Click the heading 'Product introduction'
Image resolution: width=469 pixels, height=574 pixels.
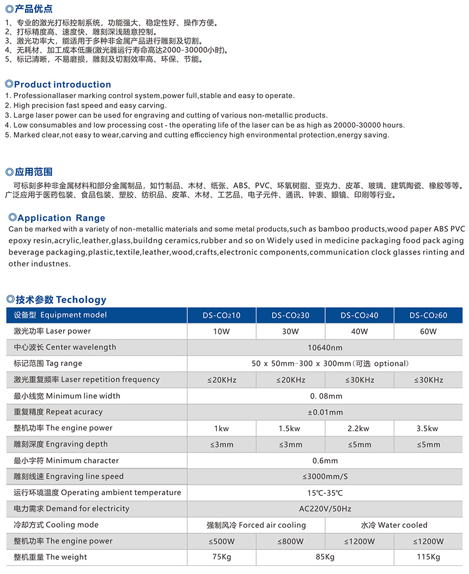point(62,84)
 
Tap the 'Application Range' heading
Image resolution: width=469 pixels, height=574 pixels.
point(61,218)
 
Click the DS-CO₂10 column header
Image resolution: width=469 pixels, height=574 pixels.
point(221,315)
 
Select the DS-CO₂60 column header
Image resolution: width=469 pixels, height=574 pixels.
point(428,315)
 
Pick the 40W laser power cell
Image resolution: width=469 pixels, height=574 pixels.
point(359,331)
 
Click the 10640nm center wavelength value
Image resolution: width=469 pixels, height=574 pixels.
point(325,347)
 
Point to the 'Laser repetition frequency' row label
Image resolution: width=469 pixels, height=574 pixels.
point(87,380)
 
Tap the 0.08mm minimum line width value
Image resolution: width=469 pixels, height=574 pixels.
point(326,396)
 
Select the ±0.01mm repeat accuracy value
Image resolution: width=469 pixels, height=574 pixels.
point(325,412)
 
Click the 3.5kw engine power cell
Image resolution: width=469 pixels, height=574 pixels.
point(428,429)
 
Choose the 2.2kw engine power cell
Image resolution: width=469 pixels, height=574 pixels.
point(359,429)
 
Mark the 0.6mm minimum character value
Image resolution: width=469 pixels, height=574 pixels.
point(325,461)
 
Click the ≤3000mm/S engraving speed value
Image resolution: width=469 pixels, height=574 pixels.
point(325,477)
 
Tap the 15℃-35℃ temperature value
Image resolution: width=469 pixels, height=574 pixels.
point(325,493)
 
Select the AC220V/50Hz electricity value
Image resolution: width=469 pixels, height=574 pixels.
point(325,509)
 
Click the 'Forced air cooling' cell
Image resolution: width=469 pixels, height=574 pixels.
point(256,525)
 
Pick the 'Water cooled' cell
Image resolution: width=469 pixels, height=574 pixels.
point(394,525)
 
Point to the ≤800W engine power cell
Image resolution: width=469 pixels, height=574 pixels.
point(290,541)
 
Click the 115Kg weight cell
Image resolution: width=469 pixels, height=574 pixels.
point(428,557)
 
